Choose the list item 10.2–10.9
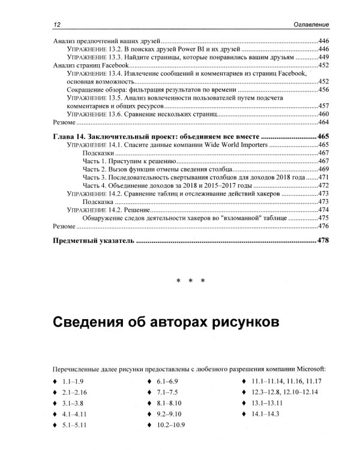pyautogui.click(x=172, y=425)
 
